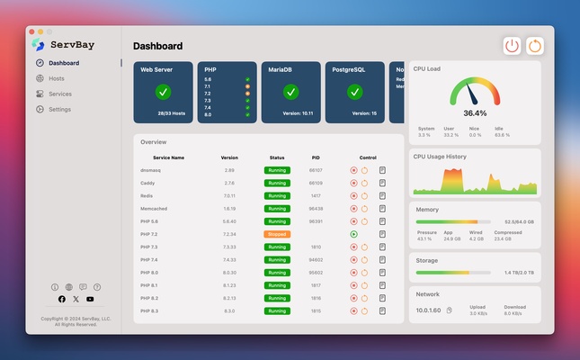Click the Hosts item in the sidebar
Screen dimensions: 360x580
(x=56, y=78)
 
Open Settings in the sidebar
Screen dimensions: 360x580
(x=59, y=109)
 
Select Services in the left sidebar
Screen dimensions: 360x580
(x=59, y=94)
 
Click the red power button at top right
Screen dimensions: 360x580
(x=512, y=45)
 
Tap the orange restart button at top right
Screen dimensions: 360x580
(x=535, y=45)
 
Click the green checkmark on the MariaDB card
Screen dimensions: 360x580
(x=290, y=92)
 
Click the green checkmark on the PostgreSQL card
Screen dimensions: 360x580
(x=354, y=92)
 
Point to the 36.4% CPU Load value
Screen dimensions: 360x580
(x=475, y=113)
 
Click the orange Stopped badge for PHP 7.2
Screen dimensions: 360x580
(x=277, y=234)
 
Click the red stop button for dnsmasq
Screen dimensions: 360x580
(x=354, y=170)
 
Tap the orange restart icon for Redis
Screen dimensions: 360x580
(x=364, y=195)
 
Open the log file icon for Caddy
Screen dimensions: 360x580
(x=382, y=183)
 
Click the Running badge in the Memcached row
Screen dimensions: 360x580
(x=277, y=208)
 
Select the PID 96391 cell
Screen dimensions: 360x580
(x=316, y=220)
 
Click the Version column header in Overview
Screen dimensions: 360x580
(x=229, y=157)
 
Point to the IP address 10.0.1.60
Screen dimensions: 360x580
(x=428, y=310)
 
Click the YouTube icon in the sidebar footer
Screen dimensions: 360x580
(x=90, y=299)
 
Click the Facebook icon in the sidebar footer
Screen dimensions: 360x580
(x=62, y=299)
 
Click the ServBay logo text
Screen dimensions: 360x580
(x=72, y=44)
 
